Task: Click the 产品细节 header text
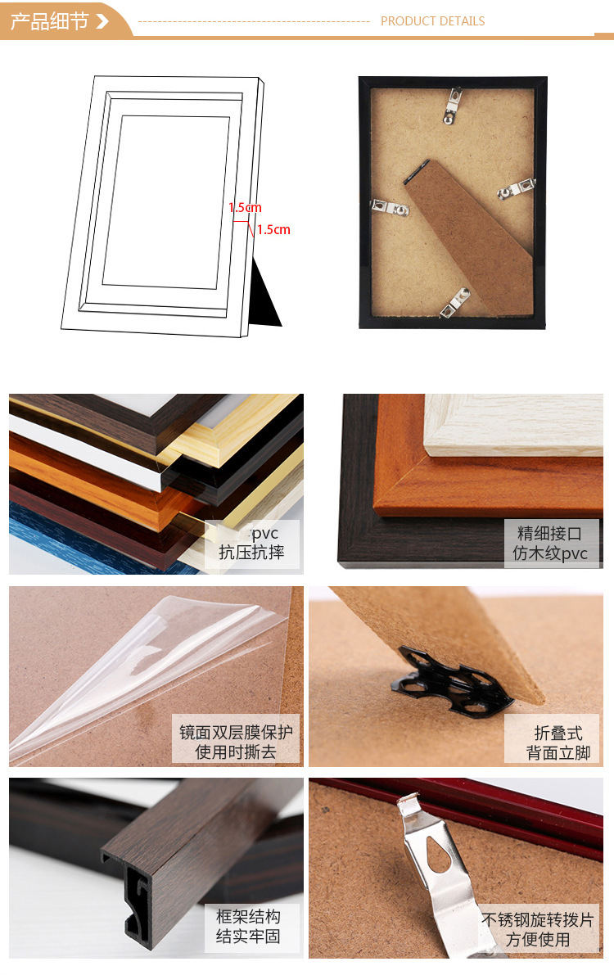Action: click(x=48, y=21)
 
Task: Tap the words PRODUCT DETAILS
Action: click(x=432, y=21)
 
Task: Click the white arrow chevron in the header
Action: click(x=102, y=21)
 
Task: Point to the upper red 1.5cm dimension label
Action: click(x=245, y=208)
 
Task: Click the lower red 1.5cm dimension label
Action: click(x=273, y=230)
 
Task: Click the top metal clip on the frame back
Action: click(x=452, y=106)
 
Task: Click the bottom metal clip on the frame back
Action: click(x=454, y=304)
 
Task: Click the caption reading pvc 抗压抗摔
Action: click(x=251, y=544)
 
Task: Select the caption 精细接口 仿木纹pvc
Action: click(x=551, y=544)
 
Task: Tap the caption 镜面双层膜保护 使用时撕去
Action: click(x=236, y=742)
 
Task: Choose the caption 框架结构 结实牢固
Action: click(x=248, y=926)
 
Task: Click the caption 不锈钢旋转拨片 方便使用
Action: click(x=537, y=929)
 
